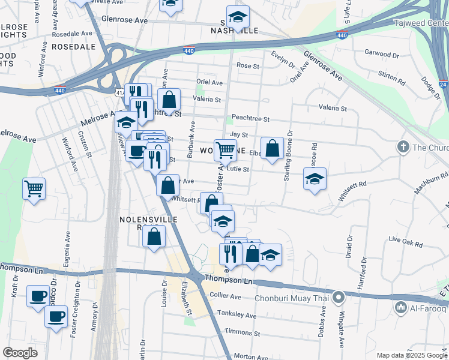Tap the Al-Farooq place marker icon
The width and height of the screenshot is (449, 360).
click(x=401, y=308)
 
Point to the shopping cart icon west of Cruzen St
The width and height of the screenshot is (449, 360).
click(x=34, y=188)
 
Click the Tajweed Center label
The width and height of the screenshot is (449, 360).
click(x=420, y=23)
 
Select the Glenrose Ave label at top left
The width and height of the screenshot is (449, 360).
click(x=125, y=20)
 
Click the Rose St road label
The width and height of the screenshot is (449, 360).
click(x=247, y=65)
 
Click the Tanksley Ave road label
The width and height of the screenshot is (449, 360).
click(x=235, y=316)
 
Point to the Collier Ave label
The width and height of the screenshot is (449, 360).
click(x=226, y=296)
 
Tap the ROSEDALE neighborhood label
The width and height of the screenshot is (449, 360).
click(x=74, y=46)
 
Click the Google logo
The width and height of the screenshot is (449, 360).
click(x=20, y=353)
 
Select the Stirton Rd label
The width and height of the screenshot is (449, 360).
click(x=392, y=76)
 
